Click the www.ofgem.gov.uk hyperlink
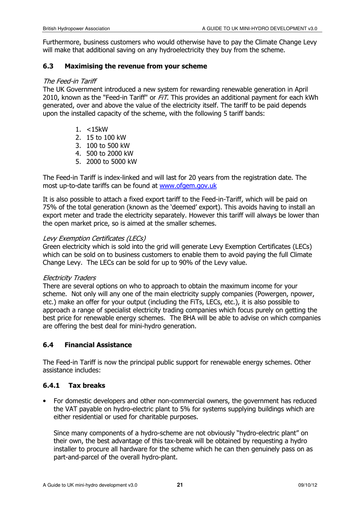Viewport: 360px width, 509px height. [x=188, y=186]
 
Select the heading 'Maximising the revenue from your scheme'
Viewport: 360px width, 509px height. [x=136, y=66]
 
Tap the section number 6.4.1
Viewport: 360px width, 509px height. [x=51, y=386]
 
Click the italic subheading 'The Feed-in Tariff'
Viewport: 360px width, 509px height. [x=69, y=81]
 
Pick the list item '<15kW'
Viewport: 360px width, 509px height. [x=97, y=130]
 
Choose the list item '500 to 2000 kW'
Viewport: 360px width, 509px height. [x=110, y=153]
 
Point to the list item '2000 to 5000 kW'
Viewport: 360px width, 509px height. [x=111, y=162]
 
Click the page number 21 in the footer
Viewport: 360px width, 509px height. [x=180, y=485]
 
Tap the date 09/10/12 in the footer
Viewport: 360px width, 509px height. [x=307, y=485]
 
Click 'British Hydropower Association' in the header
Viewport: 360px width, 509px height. [x=76, y=28]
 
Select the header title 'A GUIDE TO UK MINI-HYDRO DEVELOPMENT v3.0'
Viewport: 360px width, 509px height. [x=259, y=28]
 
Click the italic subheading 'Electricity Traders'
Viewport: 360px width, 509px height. [x=69, y=278]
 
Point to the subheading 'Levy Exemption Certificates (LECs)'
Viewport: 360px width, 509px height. [x=94, y=239]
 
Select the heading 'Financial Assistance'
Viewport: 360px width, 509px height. [x=98, y=345]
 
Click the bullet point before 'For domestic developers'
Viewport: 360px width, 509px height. [x=45, y=401]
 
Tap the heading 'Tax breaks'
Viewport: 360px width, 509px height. [x=87, y=386]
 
